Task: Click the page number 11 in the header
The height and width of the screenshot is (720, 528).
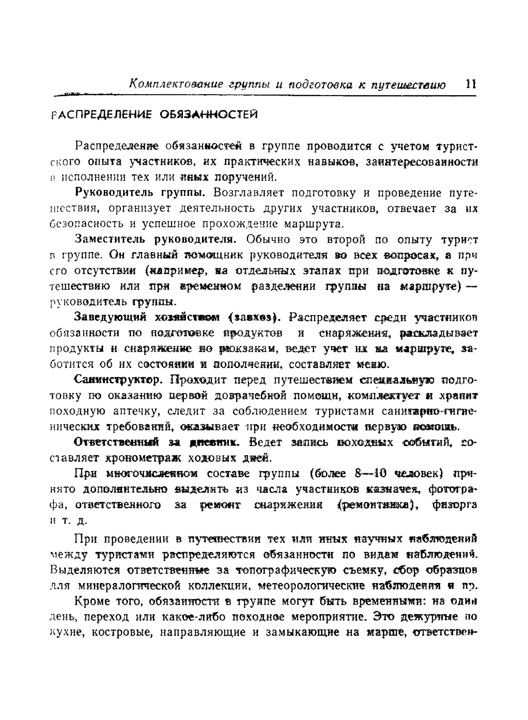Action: (x=470, y=84)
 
